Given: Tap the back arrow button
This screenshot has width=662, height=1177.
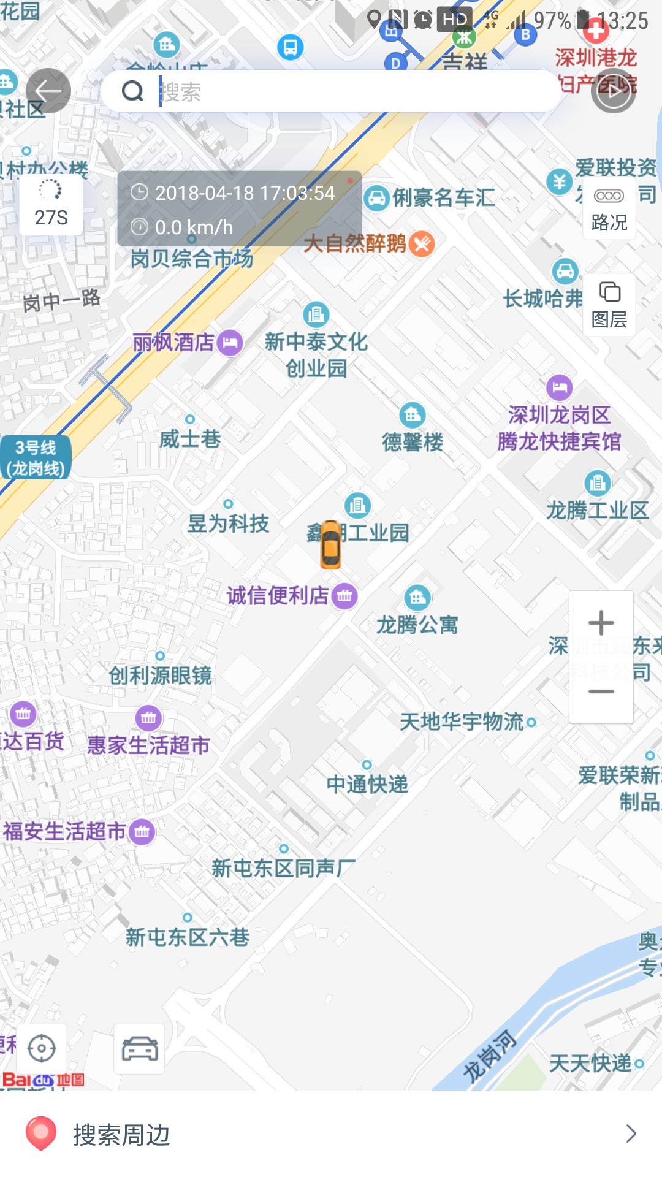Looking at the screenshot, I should click(48, 91).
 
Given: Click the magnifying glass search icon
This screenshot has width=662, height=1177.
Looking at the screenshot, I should click(132, 91).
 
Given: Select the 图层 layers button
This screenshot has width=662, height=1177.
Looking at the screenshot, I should click(609, 305).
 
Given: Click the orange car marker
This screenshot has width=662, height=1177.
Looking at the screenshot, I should click(330, 544).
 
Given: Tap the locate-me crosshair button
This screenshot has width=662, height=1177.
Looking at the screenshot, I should click(42, 1048).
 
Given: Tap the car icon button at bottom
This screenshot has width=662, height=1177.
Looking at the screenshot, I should click(140, 1048).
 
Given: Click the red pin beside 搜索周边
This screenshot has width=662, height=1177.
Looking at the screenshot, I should click(40, 1133).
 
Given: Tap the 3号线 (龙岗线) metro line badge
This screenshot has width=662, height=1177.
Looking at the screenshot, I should click(36, 458).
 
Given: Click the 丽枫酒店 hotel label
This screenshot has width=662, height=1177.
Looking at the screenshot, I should click(174, 342).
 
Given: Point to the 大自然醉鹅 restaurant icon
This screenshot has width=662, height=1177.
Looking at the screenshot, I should click(422, 244).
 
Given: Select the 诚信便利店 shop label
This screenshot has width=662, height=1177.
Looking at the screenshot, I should click(278, 595).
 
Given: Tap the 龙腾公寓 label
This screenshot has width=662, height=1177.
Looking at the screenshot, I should click(417, 625).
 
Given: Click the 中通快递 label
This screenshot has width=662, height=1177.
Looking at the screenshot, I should click(367, 784).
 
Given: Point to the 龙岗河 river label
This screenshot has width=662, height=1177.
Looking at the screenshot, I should click(490, 1056).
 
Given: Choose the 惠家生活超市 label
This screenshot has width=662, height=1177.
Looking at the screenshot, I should click(148, 745).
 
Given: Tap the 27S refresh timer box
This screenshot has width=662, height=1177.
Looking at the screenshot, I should click(51, 205).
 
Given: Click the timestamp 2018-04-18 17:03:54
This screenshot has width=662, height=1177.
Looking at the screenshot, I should click(245, 193).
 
